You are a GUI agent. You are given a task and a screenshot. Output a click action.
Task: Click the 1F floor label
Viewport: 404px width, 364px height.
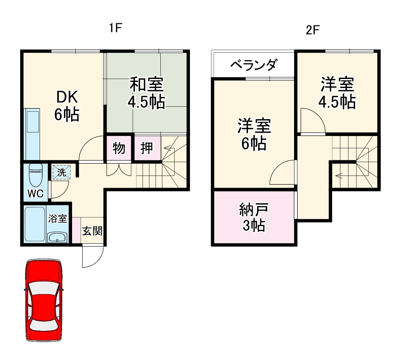click(115, 28)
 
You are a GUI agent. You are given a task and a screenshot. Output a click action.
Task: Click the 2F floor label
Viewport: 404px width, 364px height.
click(312, 30)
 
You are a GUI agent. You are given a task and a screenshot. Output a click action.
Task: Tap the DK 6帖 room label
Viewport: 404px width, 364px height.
click(67, 106)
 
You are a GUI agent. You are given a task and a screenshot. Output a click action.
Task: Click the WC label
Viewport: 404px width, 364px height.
click(36, 193)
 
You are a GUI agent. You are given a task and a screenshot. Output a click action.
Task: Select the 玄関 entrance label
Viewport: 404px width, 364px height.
click(92, 231)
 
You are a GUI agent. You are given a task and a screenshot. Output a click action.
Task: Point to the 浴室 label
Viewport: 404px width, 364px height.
click(58, 218)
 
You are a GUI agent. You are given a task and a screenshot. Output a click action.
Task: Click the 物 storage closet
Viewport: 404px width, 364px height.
click(118, 148)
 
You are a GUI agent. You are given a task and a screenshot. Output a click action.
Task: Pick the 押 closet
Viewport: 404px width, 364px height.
click(147, 148)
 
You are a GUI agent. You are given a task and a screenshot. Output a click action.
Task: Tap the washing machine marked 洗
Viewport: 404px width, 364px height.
click(62, 172)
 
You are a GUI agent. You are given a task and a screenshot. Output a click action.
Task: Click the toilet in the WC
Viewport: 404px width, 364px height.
click(36, 175)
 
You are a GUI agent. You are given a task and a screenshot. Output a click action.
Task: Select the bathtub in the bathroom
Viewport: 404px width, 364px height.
click(35, 224)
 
